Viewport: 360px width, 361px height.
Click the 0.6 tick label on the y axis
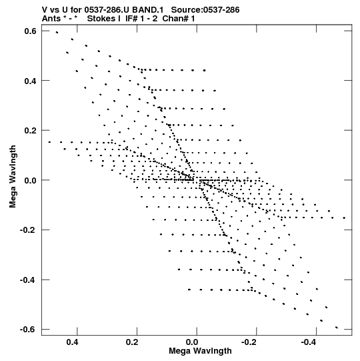click(30, 31)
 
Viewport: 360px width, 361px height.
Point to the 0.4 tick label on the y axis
click(30, 81)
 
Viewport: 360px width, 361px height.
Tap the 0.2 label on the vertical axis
click(30, 130)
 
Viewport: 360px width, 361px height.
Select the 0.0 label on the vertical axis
click(30, 180)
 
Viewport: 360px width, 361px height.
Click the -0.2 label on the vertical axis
click(28, 230)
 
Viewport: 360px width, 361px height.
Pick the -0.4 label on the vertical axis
click(28, 280)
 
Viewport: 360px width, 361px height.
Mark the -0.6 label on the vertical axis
click(28, 330)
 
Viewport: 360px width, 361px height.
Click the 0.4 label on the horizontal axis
click(72, 342)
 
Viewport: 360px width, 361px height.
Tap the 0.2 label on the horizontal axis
click(132, 342)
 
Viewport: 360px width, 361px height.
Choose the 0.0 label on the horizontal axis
click(192, 342)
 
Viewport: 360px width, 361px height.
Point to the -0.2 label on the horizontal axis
click(249, 342)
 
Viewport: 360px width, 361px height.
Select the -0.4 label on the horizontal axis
click(309, 342)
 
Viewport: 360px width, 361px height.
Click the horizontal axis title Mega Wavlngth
click(200, 351)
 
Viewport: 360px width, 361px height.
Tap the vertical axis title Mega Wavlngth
click(13, 177)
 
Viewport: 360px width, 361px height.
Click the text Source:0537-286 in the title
click(205, 9)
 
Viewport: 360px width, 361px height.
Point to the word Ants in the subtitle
click(51, 19)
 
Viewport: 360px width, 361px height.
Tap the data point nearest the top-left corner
click(57, 33)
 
